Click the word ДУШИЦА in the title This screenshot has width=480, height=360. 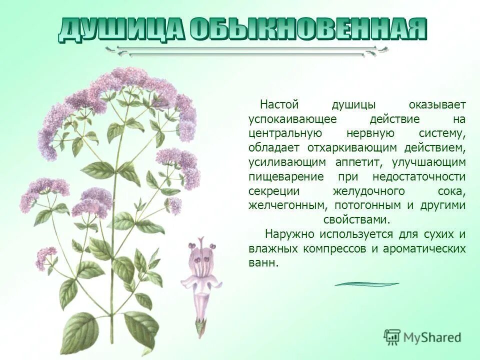click(122, 29)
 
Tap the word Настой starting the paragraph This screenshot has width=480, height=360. click(279, 105)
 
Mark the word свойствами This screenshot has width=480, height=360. click(356, 220)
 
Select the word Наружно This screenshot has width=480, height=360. click(288, 234)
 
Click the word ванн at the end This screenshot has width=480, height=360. click(262, 263)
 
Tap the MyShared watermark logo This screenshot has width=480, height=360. click(422, 337)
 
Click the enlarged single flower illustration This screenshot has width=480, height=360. click(203, 280)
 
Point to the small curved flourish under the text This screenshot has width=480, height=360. click(366, 284)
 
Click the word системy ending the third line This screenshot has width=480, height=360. click(442, 134)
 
